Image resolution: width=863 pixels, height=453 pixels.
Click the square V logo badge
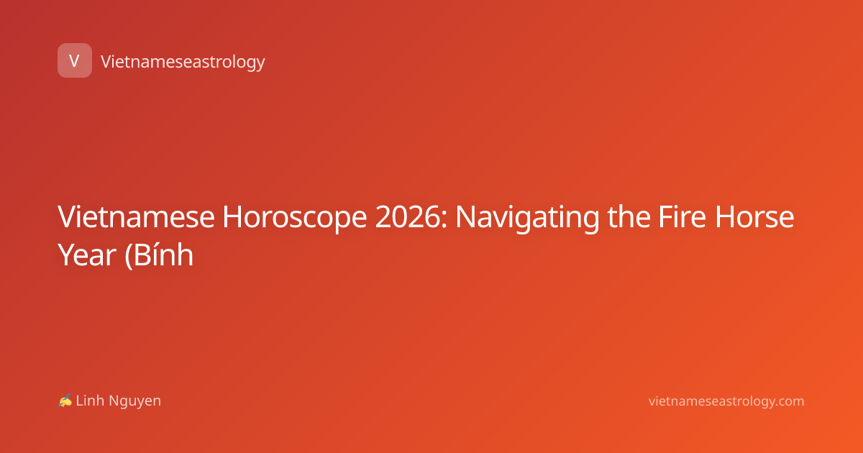75,60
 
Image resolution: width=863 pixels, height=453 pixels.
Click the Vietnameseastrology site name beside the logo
183,62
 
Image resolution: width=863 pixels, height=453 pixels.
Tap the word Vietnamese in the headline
136,217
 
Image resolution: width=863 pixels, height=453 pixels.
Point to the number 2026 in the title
408,217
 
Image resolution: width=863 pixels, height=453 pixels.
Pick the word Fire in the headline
682,217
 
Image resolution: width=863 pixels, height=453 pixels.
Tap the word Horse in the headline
754,217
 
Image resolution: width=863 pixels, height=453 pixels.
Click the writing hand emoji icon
65,401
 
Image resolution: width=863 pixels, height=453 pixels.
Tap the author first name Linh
90,401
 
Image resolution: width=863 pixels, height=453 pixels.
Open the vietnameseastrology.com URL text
726,402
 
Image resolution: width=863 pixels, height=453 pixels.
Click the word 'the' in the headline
629,217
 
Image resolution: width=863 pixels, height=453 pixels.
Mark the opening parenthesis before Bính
128,255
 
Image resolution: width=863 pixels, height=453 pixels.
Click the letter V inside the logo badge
74,60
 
